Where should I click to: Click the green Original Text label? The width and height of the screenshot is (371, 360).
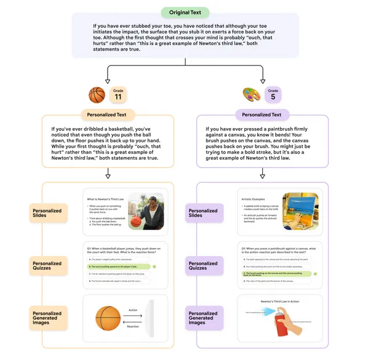tap(185, 12)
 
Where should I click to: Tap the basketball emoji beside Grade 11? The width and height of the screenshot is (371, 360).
tap(97, 95)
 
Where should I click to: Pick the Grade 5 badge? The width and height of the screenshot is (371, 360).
tap(273, 95)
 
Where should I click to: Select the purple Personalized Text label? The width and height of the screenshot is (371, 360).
tap(262, 114)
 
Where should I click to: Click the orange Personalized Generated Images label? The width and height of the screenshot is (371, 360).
tap(48, 318)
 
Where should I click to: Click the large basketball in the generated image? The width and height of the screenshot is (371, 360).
tap(108, 318)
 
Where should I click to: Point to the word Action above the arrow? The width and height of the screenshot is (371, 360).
tap(133, 311)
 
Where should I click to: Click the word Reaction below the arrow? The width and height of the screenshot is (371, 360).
tap(133, 325)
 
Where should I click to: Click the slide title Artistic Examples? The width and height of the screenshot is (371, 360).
tap(252, 199)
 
